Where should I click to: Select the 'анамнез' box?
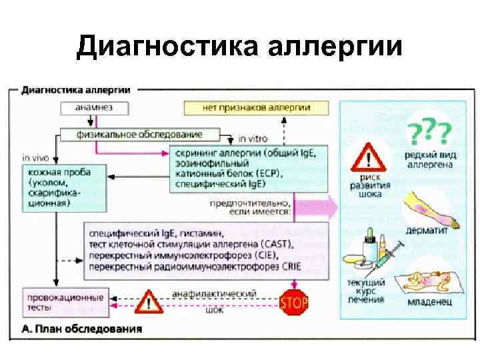[x=95, y=107]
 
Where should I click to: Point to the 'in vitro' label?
[x=255, y=139]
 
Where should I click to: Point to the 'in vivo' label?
[x=35, y=158]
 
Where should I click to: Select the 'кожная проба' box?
[x=58, y=187]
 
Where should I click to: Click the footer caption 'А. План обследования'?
[x=81, y=329]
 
